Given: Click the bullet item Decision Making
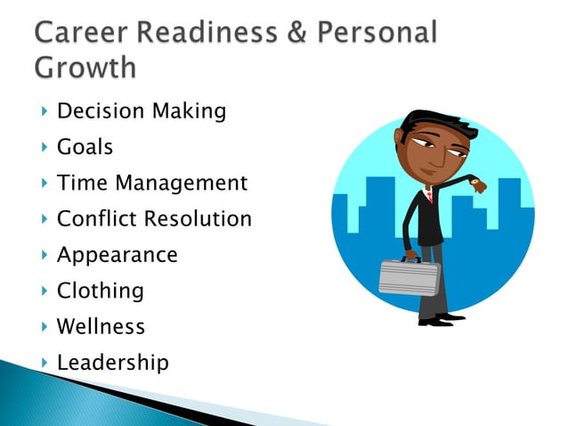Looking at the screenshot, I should tap(141, 111).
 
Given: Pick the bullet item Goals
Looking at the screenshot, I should tap(85, 147).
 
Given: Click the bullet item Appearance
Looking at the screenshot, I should tap(117, 255).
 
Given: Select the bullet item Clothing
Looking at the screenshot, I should tap(100, 291).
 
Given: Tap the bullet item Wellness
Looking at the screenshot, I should tap(101, 327).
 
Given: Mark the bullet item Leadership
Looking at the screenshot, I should tap(112, 363).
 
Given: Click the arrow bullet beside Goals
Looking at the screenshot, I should tap(44, 147).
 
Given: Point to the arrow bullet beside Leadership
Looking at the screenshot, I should tap(44, 363).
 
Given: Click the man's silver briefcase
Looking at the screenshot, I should tap(409, 276).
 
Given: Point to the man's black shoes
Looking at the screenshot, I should tap(440, 318).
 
